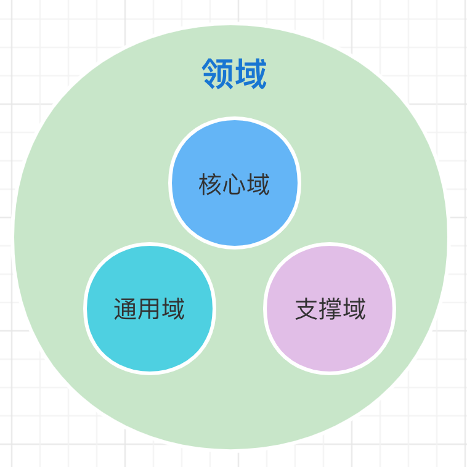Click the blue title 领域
234,73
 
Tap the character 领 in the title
217,73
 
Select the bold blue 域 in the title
251,73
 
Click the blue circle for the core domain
235,183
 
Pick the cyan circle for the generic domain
150,309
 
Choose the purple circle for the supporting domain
330,309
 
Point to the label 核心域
234,184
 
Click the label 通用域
149,309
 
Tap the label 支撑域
330,309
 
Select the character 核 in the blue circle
210,184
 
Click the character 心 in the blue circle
234,184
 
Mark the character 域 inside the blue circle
259,184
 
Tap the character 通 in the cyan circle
125,309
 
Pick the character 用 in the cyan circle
149,309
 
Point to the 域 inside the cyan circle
174,309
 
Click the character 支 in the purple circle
306,309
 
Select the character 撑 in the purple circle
330,309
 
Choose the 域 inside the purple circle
355,309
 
